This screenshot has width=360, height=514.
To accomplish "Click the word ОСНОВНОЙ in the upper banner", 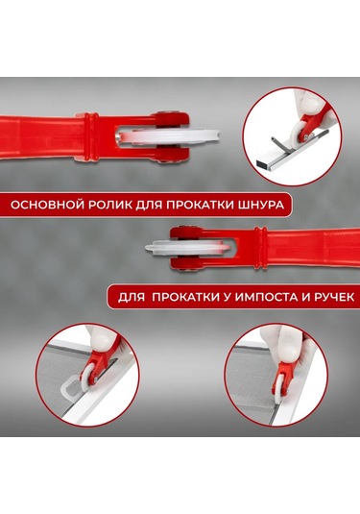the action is tap(46, 205).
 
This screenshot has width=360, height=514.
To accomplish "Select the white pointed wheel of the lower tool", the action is tap(186, 249).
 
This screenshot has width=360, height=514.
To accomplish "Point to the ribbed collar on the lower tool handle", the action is tap(261, 248).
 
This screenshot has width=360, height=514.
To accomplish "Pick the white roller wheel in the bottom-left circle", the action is tap(86, 377).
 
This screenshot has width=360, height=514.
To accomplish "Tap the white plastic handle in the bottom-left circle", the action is tap(72, 387).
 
